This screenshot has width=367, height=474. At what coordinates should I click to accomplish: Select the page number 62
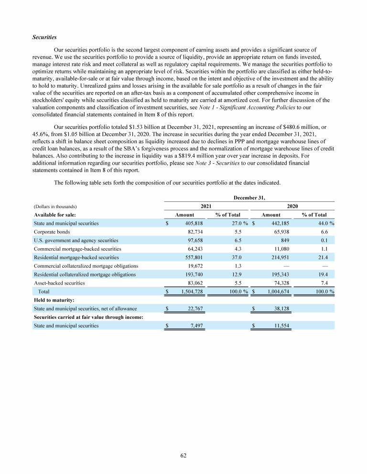click(x=183, y=455)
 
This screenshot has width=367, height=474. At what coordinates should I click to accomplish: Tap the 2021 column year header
click(x=206, y=205)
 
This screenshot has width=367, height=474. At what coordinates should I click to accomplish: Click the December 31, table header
click(x=249, y=196)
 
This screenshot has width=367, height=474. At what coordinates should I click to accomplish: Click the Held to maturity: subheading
click(x=54, y=300)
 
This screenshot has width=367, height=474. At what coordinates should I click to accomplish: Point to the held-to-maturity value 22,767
click(x=195, y=309)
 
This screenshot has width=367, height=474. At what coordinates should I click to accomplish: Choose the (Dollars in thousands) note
click(x=55, y=206)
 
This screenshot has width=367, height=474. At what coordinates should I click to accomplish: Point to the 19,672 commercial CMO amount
click(x=195, y=266)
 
